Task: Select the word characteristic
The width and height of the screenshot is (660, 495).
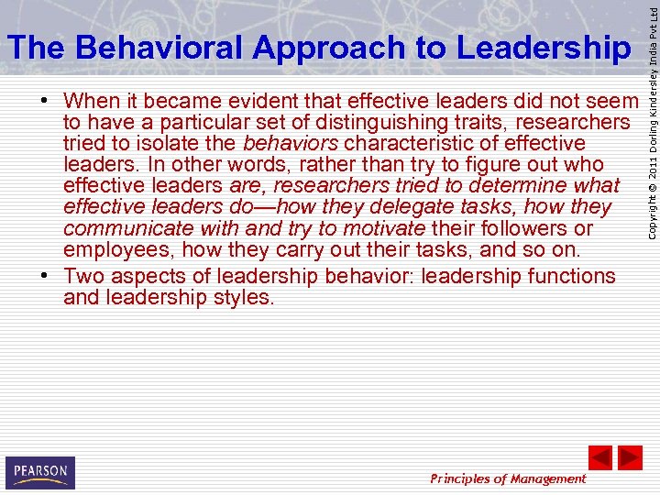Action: coord(404,143)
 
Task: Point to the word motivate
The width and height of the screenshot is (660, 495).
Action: coord(383,228)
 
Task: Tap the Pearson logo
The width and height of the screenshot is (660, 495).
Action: coord(39,473)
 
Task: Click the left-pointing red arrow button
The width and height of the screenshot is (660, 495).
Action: coord(599,456)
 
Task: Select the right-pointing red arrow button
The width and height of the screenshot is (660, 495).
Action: coord(630,456)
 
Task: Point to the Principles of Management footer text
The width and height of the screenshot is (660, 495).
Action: coord(508,478)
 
